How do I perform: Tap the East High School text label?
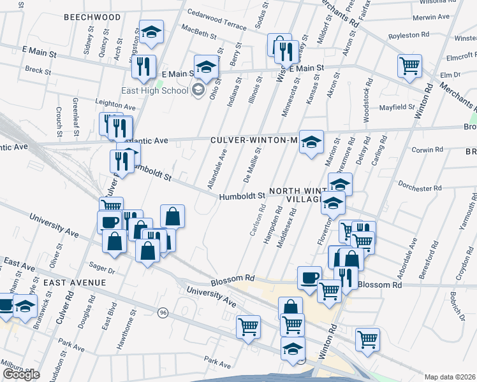pyautogui.click(x=155, y=90)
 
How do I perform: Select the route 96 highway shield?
pyautogui.click(x=164, y=313)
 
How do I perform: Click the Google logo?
pyautogui.click(x=20, y=374)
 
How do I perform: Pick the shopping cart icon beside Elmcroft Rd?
pyautogui.click(x=409, y=66)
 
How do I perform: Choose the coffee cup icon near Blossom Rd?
pyautogui.click(x=309, y=278)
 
